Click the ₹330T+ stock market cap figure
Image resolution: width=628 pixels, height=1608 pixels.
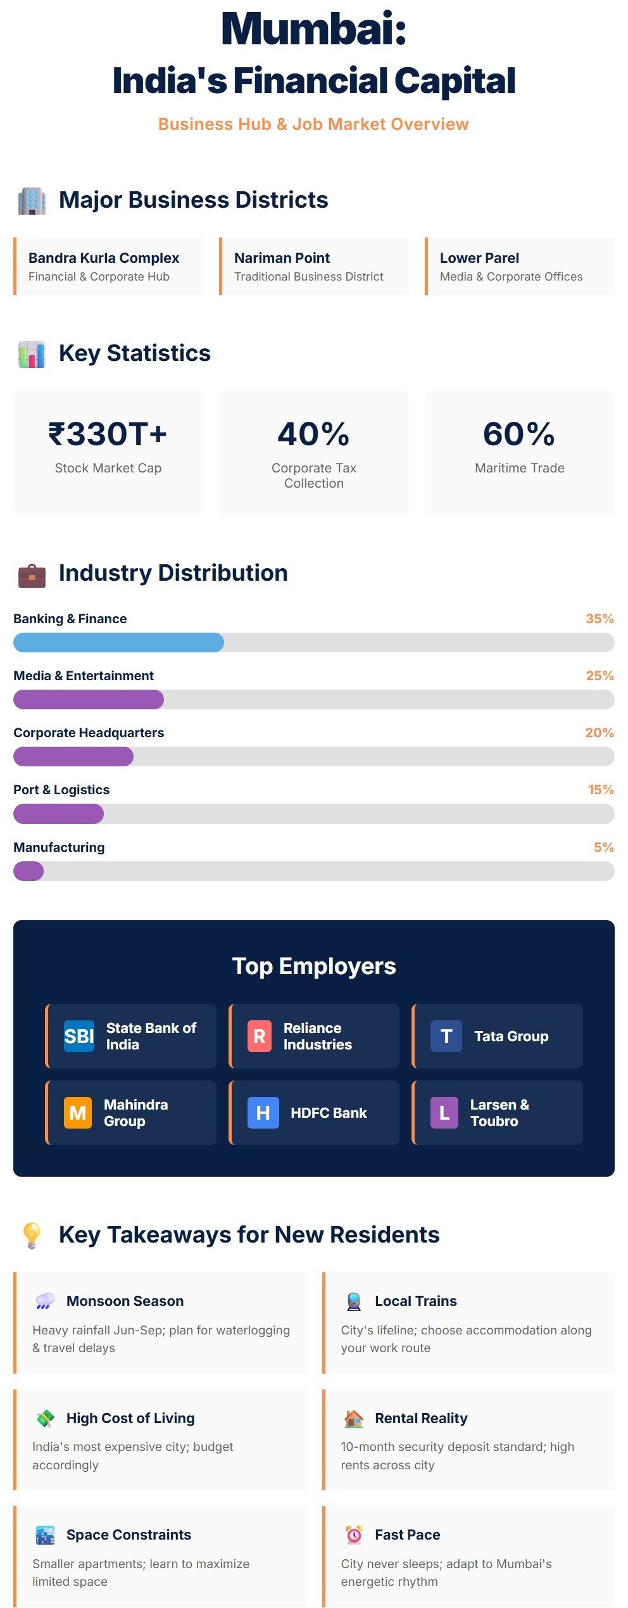pyautogui.click(x=108, y=434)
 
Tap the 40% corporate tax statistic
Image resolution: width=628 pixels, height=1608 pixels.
pyautogui.click(x=313, y=434)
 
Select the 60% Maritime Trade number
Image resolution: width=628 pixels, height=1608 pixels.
pyautogui.click(x=519, y=434)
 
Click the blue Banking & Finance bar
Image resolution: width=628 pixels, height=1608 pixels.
pyautogui.click(x=118, y=642)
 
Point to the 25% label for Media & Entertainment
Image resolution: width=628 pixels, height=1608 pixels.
pyautogui.click(x=600, y=676)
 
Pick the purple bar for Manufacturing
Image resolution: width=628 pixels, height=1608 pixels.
pyautogui.click(x=28, y=871)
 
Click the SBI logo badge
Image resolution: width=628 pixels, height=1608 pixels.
pyautogui.click(x=79, y=1036)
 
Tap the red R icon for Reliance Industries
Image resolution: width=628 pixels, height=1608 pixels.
pyautogui.click(x=259, y=1036)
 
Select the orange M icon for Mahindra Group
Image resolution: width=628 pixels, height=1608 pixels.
pyautogui.click(x=78, y=1113)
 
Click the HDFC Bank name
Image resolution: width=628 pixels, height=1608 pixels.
pyautogui.click(x=329, y=1113)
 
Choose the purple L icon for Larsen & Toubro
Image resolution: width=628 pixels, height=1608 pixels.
pyautogui.click(x=444, y=1113)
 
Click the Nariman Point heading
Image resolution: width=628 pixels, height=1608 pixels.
pyautogui.click(x=282, y=258)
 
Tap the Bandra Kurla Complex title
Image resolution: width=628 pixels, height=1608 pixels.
pyautogui.click(x=104, y=258)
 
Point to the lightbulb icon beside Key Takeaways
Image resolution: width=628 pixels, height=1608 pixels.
pyautogui.click(x=32, y=1235)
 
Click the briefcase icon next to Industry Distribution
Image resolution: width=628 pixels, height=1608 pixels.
pyautogui.click(x=32, y=575)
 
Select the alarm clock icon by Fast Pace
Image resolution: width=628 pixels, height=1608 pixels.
pyautogui.click(x=354, y=1535)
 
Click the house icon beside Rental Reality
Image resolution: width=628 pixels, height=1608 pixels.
pyautogui.click(x=354, y=1419)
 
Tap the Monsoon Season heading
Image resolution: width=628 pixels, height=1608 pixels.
pyautogui.click(x=125, y=1301)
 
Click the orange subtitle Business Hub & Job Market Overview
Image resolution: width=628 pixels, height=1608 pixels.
pyautogui.click(x=313, y=124)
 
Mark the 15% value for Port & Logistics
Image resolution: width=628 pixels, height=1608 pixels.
pyautogui.click(x=601, y=790)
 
